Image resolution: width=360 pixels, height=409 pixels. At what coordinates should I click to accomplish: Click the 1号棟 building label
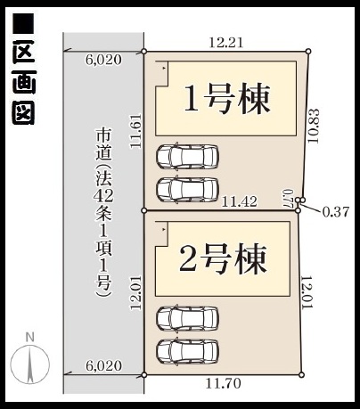pyautogui.click(x=227, y=99)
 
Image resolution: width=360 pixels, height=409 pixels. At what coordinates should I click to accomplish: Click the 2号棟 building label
pyautogui.click(x=223, y=259)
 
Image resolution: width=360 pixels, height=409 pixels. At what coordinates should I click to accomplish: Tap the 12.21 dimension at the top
pyautogui.click(x=226, y=43)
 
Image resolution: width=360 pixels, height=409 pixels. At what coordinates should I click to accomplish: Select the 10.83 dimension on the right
pyautogui.click(x=314, y=126)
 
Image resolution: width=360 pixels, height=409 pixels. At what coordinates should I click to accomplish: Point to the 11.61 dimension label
pyautogui.click(x=136, y=131)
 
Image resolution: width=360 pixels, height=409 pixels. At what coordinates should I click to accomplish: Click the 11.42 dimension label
pyautogui.click(x=240, y=202)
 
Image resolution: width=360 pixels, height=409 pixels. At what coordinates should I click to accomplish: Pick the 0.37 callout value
pyautogui.click(x=336, y=212)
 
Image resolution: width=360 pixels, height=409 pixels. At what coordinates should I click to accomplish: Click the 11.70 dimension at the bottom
pyautogui.click(x=224, y=384)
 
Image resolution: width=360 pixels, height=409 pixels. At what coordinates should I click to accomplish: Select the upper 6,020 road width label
pyautogui.click(x=103, y=60)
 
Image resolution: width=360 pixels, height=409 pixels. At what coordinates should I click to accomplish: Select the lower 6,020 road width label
pyautogui.click(x=103, y=365)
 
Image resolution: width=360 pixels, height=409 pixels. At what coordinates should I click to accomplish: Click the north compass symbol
pyautogui.click(x=29, y=364)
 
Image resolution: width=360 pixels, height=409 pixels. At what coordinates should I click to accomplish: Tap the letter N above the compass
pyautogui.click(x=30, y=338)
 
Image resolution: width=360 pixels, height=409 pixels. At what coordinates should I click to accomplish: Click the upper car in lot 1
pyautogui.click(x=188, y=157)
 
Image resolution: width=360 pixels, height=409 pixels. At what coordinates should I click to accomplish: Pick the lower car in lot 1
pyautogui.click(x=188, y=189)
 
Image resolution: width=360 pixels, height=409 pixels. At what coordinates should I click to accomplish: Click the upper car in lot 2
pyautogui.click(x=188, y=318)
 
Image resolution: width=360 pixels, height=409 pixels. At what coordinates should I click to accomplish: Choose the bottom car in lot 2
pyautogui.click(x=188, y=351)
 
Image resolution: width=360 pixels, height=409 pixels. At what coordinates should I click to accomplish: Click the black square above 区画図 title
pyautogui.click(x=23, y=22)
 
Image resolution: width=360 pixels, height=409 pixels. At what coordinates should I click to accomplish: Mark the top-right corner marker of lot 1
pyautogui.click(x=308, y=51)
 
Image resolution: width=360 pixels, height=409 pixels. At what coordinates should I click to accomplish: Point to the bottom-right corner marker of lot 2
pyautogui.click(x=302, y=375)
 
